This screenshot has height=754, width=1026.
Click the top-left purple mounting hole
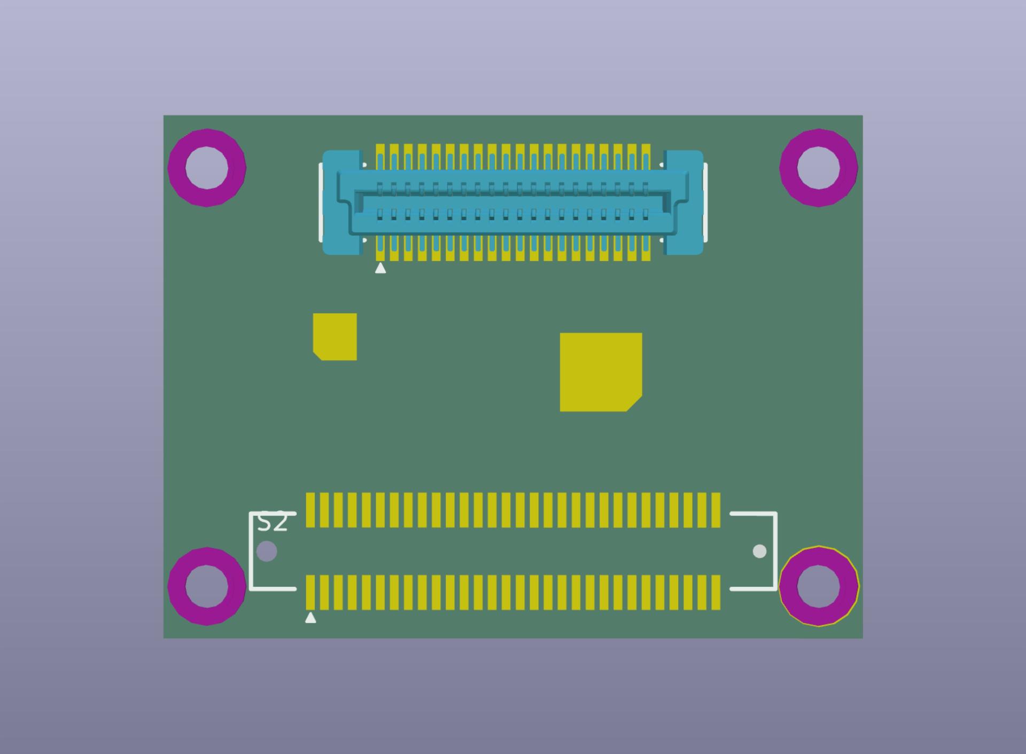[x=207, y=167]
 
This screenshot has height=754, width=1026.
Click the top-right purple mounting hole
[x=818, y=167]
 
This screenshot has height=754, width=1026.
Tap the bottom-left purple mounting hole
[x=207, y=586]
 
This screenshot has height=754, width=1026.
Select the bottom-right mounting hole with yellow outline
[x=818, y=586]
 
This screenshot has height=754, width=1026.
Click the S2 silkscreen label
[x=273, y=523]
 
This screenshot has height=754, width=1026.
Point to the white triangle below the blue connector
[x=380, y=268]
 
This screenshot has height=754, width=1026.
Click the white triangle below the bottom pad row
[x=310, y=618]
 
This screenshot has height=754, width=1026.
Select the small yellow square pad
[x=335, y=337]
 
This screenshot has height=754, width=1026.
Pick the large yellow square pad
[x=600, y=372]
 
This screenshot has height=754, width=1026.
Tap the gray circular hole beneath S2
[x=267, y=551]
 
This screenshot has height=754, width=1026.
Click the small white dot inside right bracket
[x=759, y=551]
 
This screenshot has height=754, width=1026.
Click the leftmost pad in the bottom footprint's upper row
[x=310, y=510]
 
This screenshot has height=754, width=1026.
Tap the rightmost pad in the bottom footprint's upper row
[x=716, y=510]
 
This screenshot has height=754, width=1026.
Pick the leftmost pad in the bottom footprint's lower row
[x=310, y=592]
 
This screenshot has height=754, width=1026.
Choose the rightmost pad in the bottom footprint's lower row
[x=716, y=592]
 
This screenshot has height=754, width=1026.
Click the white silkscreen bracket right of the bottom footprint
[x=775, y=550]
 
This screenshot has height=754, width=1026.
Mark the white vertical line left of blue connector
[x=321, y=202]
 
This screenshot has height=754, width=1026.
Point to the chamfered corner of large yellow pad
[x=635, y=404]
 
